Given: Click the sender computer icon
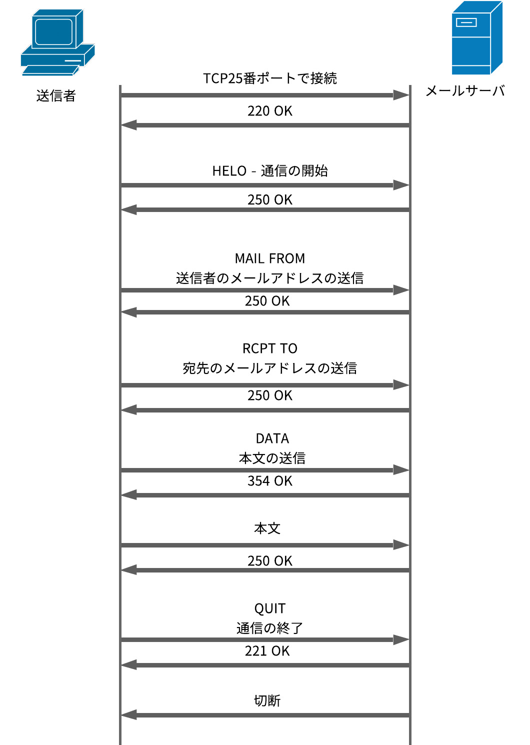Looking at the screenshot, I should click(x=57, y=43).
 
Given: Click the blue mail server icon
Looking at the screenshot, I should click(x=476, y=38).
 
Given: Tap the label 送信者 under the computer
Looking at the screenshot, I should click(x=56, y=95).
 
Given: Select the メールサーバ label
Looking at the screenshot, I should click(x=465, y=91).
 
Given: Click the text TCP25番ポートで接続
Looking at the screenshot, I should click(x=269, y=78).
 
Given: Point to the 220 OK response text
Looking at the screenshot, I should click(x=269, y=111).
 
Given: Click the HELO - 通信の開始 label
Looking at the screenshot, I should click(x=269, y=171).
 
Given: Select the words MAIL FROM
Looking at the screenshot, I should click(x=269, y=258).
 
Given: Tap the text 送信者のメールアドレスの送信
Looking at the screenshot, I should click(x=269, y=278).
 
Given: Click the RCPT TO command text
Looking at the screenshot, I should click(x=269, y=348).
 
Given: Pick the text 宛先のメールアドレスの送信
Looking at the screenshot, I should click(x=269, y=368).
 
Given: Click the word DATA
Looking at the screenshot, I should click(x=272, y=438).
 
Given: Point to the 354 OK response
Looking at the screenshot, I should click(x=269, y=481).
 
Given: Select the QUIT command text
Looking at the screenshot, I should click(x=269, y=608).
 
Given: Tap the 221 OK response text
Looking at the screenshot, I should click(x=267, y=651).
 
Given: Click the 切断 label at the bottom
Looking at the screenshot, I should click(x=267, y=700).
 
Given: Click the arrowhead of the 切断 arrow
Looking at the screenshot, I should click(x=129, y=715).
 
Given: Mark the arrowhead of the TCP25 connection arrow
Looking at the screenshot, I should click(x=401, y=95).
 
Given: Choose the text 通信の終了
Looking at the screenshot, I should click(x=269, y=628).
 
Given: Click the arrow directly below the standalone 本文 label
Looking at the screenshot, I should click(x=265, y=545).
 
